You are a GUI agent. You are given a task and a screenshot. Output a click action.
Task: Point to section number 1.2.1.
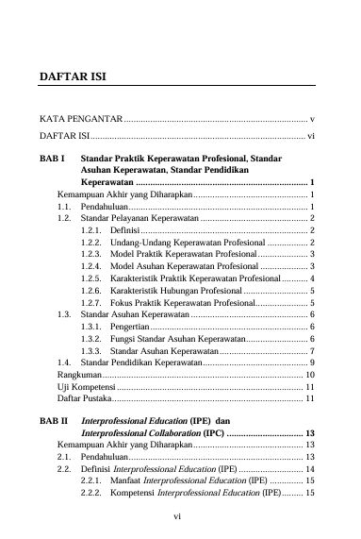point(92,229)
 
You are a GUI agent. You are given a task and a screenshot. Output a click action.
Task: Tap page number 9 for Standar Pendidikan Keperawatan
point(311,362)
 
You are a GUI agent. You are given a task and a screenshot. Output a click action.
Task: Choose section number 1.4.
point(64,362)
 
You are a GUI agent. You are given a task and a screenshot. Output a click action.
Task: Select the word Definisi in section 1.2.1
point(124,229)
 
